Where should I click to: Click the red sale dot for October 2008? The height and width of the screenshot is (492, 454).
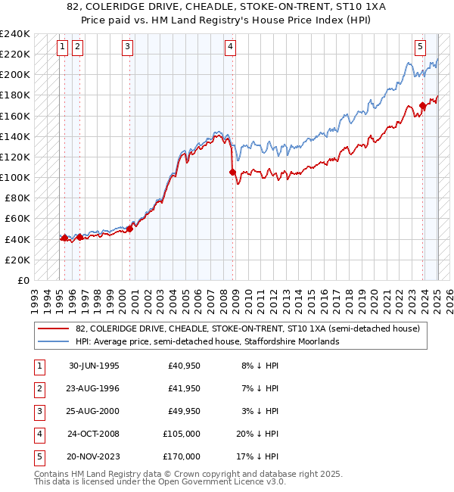[x=232, y=173]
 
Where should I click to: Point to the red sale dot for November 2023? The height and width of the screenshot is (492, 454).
[x=422, y=106]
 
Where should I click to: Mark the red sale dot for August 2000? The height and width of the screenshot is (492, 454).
[x=130, y=229]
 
